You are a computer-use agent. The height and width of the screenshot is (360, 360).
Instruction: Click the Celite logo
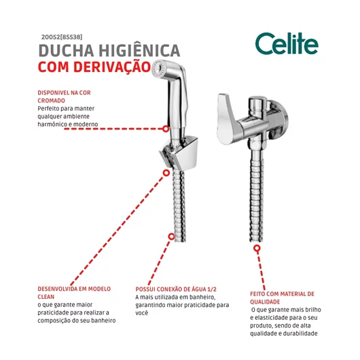[287, 43]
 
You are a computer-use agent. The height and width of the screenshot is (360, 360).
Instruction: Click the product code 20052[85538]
[62, 37]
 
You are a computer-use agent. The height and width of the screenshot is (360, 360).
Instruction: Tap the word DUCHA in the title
[67, 50]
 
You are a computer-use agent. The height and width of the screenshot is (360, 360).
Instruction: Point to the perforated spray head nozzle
[158, 68]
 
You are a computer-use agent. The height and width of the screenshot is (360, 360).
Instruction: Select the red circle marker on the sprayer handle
[166, 129]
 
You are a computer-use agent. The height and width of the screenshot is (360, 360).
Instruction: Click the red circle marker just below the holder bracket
[166, 173]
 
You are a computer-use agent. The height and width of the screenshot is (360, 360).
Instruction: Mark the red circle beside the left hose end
[171, 236]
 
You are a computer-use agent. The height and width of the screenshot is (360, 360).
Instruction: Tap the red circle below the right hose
[257, 248]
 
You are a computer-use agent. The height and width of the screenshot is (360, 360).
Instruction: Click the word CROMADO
[51, 101]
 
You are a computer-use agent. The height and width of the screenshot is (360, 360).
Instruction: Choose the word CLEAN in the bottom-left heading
[46, 297]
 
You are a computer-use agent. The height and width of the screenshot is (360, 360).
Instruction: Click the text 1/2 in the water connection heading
[212, 289]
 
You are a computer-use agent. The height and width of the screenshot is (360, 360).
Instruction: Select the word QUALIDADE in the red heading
[265, 302]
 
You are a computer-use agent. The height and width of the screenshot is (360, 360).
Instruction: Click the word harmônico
[52, 124]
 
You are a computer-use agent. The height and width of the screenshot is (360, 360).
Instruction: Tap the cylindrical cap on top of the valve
[257, 105]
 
